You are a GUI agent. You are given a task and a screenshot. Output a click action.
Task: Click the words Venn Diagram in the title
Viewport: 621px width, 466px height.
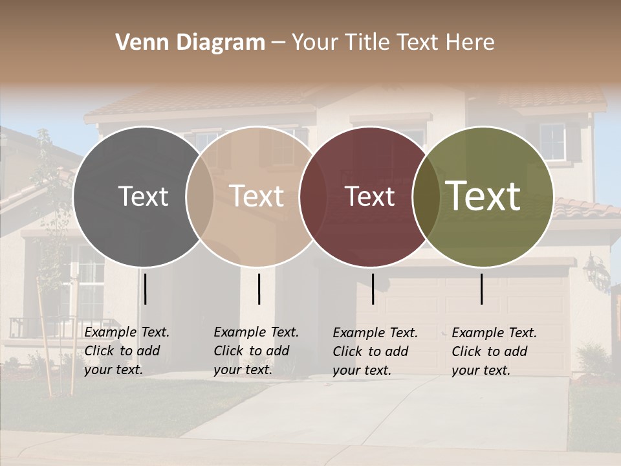click(190, 43)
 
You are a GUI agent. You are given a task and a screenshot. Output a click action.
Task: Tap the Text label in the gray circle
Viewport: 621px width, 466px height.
click(143, 196)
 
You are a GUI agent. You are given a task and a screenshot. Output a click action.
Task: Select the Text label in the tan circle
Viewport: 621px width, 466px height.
click(257, 196)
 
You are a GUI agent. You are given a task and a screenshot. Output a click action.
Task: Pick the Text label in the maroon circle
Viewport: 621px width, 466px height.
click(370, 196)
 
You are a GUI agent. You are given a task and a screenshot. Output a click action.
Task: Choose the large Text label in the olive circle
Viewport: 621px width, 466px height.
click(483, 196)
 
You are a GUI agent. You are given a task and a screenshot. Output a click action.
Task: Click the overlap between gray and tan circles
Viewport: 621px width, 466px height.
click(200, 196)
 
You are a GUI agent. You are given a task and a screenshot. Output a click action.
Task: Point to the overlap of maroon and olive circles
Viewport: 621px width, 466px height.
click(424, 196)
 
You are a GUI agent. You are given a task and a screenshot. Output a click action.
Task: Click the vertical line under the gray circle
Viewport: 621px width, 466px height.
click(146, 289)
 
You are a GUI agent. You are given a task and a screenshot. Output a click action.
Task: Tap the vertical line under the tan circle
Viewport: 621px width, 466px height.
click(259, 289)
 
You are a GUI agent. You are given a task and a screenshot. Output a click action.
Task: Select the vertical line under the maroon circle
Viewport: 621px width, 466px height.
click(373, 289)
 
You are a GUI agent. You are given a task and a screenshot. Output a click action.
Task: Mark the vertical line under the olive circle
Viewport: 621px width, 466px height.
click(482, 289)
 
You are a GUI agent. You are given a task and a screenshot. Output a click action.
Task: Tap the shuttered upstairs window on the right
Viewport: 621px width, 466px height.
click(554, 142)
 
